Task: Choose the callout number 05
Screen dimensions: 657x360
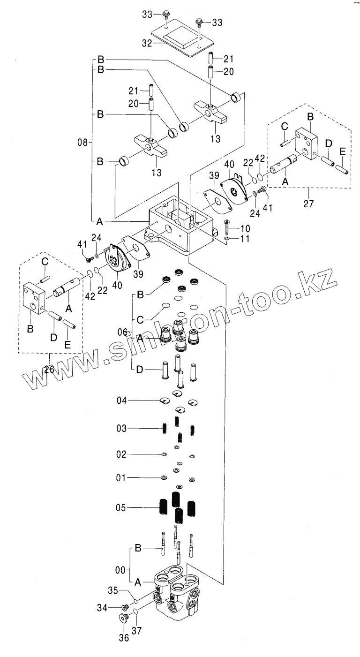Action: tap(121, 507)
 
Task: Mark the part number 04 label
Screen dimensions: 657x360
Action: tap(122, 400)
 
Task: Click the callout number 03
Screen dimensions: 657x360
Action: tap(121, 428)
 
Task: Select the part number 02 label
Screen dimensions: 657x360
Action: tap(121, 454)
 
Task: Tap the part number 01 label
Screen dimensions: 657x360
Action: tap(121, 478)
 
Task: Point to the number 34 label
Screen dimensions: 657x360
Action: tap(115, 608)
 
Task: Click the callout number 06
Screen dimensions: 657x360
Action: tap(122, 332)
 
